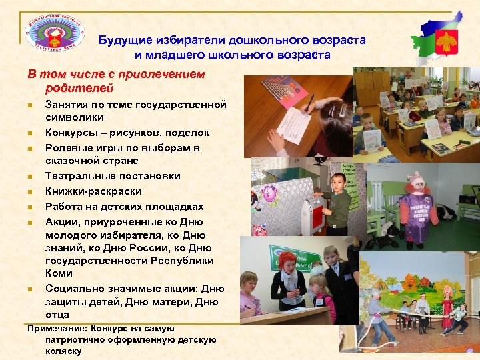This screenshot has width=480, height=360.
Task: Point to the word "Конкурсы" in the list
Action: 69,133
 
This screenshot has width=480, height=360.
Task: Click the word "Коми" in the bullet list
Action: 59,273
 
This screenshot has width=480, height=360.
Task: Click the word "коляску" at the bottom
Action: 60,351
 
